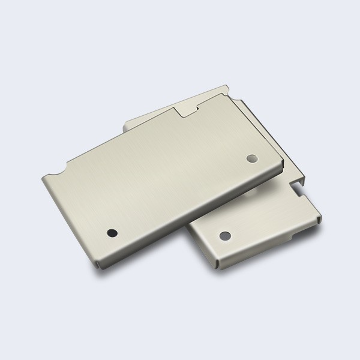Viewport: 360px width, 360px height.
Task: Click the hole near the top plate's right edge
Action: [x=251, y=158]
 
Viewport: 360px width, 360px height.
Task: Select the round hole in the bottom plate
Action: [x=225, y=235]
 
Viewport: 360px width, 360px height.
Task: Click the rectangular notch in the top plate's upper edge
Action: [x=187, y=109]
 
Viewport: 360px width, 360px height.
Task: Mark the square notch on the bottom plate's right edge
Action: [x=300, y=191]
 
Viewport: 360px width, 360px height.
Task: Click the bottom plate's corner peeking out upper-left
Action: [x=126, y=125]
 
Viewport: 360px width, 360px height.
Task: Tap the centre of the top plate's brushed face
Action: [x=162, y=180]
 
